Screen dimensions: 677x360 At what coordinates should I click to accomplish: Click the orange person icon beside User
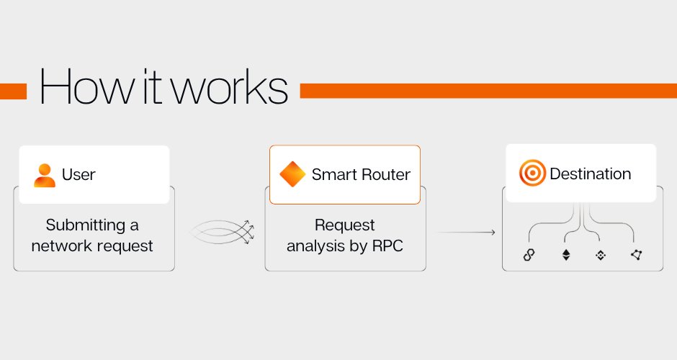point(45,176)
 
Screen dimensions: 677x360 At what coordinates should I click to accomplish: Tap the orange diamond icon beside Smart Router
point(292,174)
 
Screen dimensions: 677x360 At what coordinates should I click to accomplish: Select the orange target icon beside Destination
point(532,173)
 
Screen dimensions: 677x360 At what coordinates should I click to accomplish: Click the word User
point(79,174)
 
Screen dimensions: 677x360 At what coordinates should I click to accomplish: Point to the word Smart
point(334,174)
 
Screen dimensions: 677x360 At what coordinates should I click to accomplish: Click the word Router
point(385,174)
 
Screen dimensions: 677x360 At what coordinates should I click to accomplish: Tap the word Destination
point(591,174)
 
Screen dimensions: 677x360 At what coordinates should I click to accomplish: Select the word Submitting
point(86,225)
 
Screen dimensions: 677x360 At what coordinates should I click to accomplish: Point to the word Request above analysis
point(344,225)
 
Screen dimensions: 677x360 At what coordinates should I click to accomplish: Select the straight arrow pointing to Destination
point(467,233)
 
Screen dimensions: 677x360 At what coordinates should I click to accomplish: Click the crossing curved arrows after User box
point(222,233)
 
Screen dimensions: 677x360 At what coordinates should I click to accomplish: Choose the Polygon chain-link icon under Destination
point(529,255)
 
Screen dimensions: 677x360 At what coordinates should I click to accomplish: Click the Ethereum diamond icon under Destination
point(566,255)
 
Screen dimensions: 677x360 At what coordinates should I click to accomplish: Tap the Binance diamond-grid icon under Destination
point(601,255)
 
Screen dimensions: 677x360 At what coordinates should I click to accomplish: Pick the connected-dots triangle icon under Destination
point(637,255)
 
